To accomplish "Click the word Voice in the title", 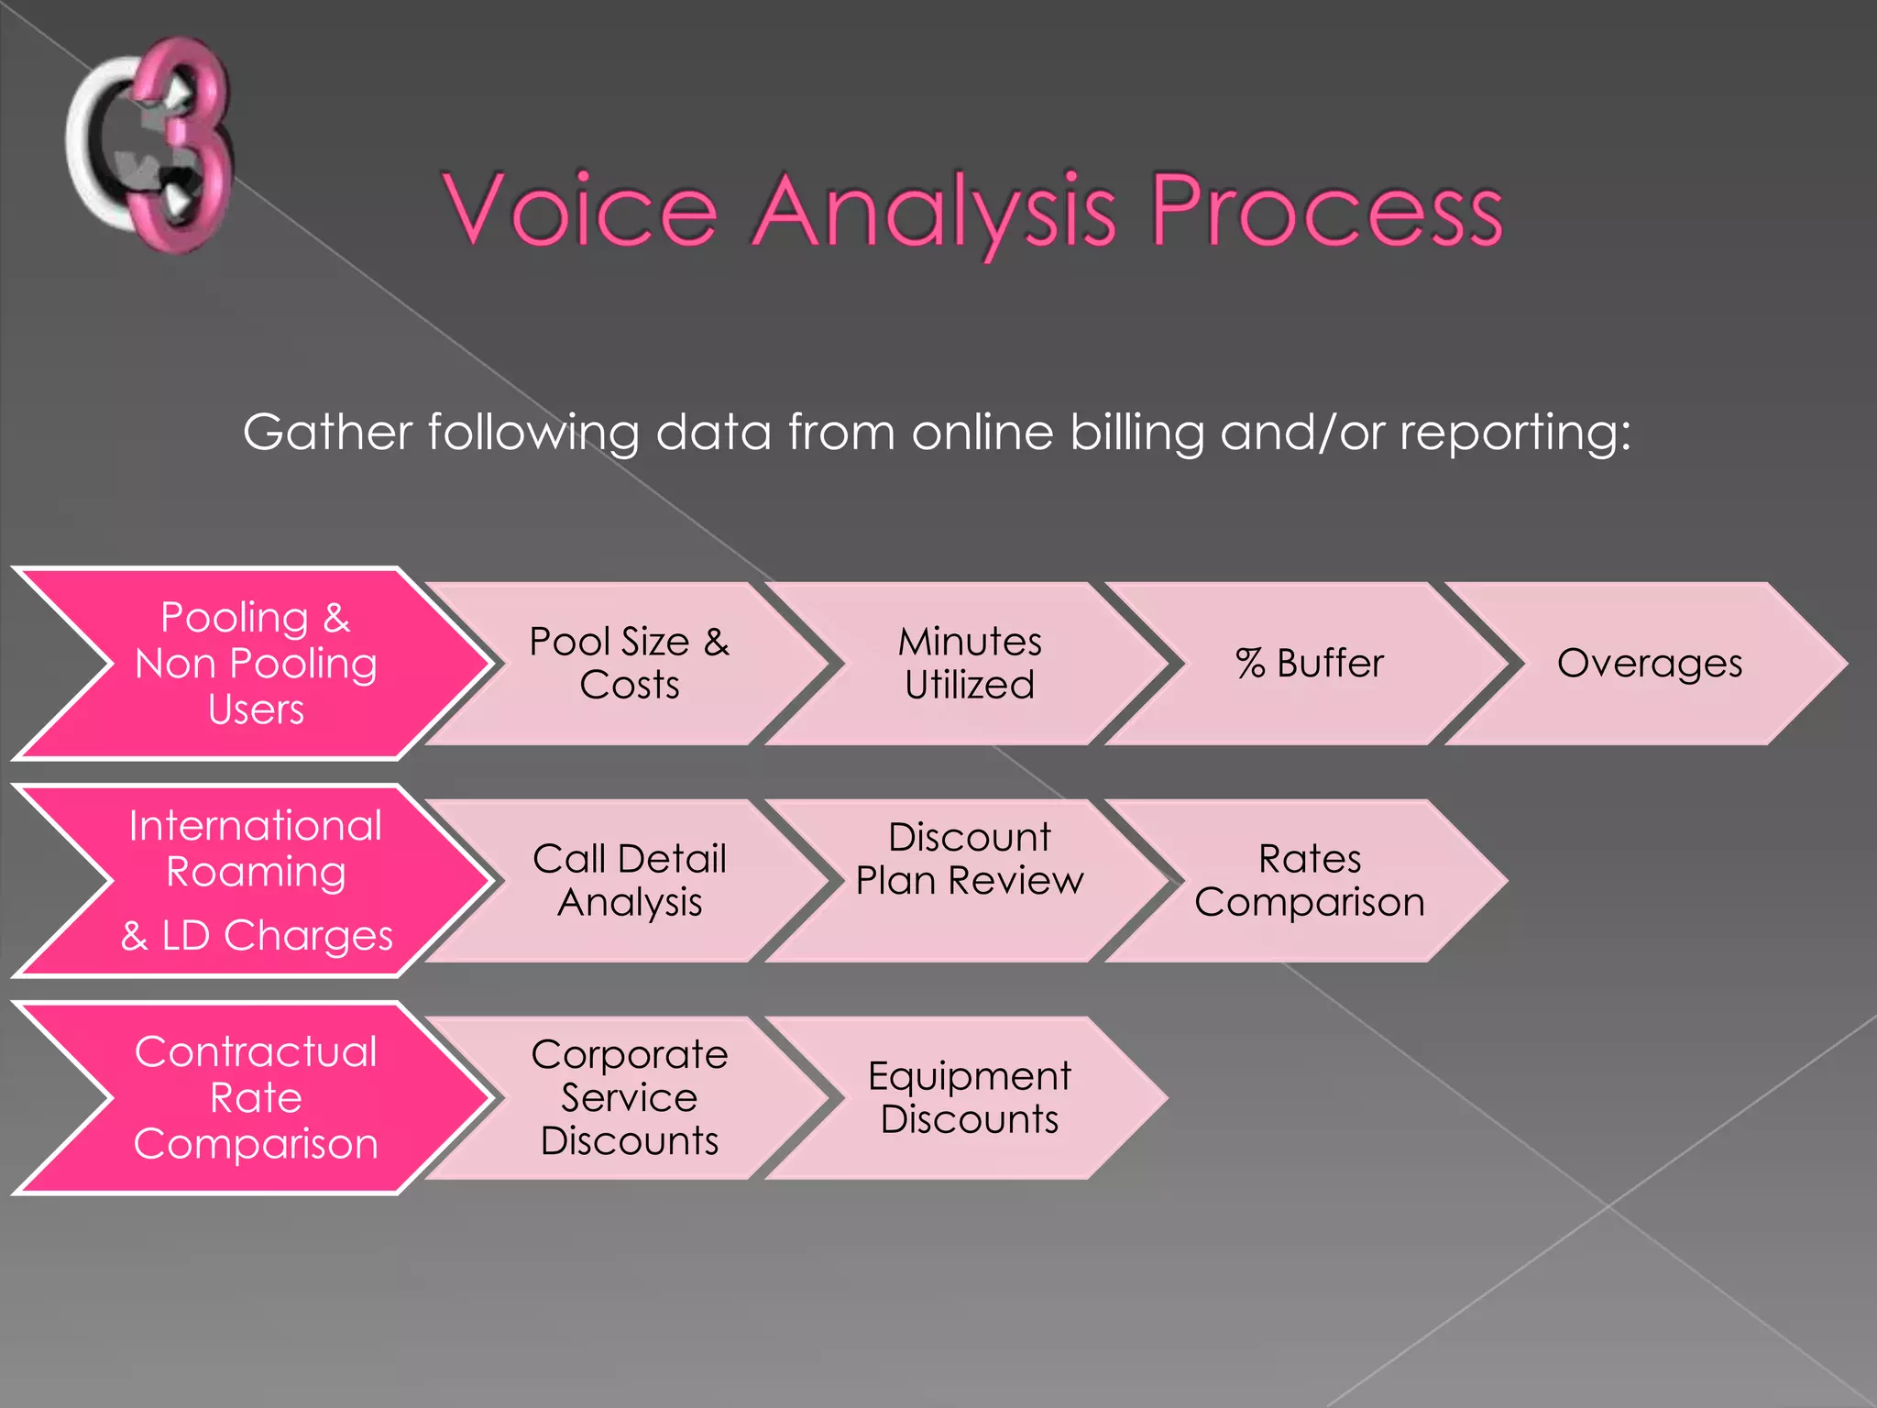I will click(581, 211).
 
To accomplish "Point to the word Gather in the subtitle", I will click(327, 432).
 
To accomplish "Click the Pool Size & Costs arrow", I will click(629, 664).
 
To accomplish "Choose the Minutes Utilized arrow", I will click(969, 664).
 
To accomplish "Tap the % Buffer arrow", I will click(1309, 664).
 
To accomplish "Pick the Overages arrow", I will click(1649, 664).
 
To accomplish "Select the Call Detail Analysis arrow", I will click(629, 881).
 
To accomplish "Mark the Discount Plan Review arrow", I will click(969, 881).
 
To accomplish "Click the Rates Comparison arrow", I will click(1309, 881).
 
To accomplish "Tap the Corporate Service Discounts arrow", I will click(629, 1098).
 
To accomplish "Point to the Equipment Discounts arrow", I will click(969, 1098).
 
